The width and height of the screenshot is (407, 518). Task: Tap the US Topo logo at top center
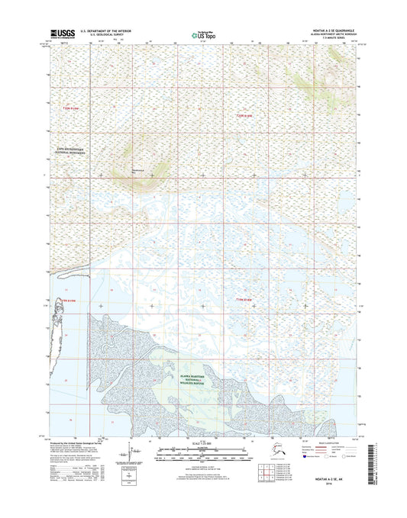202,34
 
